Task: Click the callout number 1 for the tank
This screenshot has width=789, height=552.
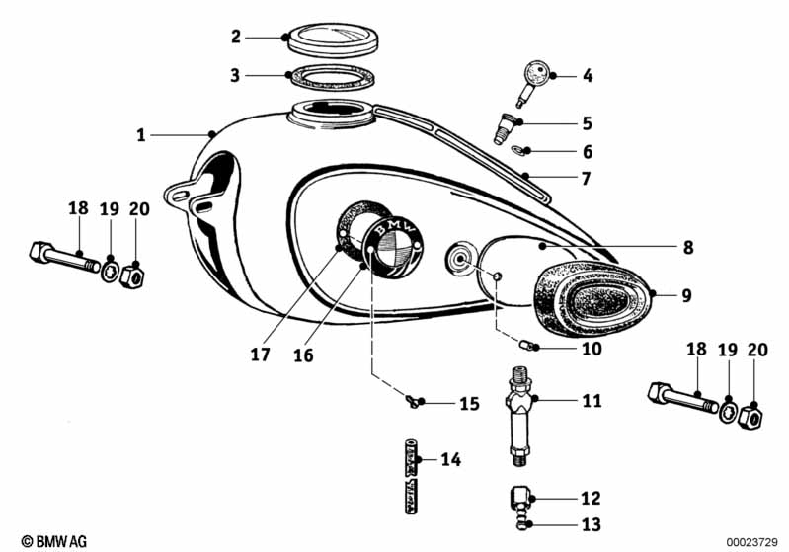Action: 141,133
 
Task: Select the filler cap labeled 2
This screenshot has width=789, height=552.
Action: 328,39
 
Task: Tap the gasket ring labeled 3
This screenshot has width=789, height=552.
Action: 328,75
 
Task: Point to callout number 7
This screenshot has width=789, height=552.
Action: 586,179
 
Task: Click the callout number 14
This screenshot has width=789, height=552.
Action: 450,459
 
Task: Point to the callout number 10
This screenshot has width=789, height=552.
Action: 592,348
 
